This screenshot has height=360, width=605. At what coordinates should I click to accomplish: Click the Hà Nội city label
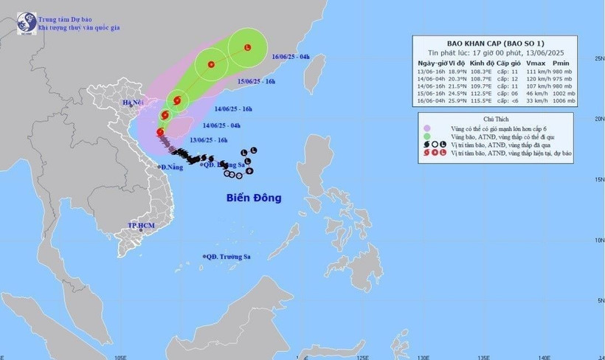click(x=133, y=102)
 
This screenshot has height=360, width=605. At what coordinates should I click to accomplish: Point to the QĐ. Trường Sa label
click(x=228, y=257)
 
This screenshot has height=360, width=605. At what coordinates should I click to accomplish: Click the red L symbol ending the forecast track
click(x=247, y=48)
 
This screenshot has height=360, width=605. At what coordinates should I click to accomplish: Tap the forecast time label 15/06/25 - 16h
click(x=257, y=81)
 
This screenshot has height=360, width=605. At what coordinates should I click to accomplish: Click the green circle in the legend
click(x=425, y=136)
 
